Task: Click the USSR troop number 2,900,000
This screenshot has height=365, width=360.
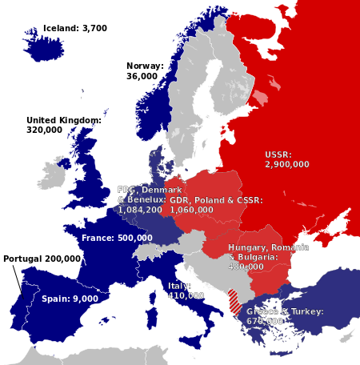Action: [x=287, y=164]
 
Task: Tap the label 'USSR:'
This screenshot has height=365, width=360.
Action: [x=279, y=154]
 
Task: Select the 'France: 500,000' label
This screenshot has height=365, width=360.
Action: [x=117, y=238]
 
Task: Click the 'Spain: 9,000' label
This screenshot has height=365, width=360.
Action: [x=70, y=299]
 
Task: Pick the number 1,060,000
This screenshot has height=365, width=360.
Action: [x=192, y=210]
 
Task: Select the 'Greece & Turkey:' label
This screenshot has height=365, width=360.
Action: [x=285, y=311]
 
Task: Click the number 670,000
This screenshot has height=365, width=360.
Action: [x=266, y=321]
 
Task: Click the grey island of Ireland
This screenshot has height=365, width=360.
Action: [x=56, y=171]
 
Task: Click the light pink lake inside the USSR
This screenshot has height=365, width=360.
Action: [x=261, y=98]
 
